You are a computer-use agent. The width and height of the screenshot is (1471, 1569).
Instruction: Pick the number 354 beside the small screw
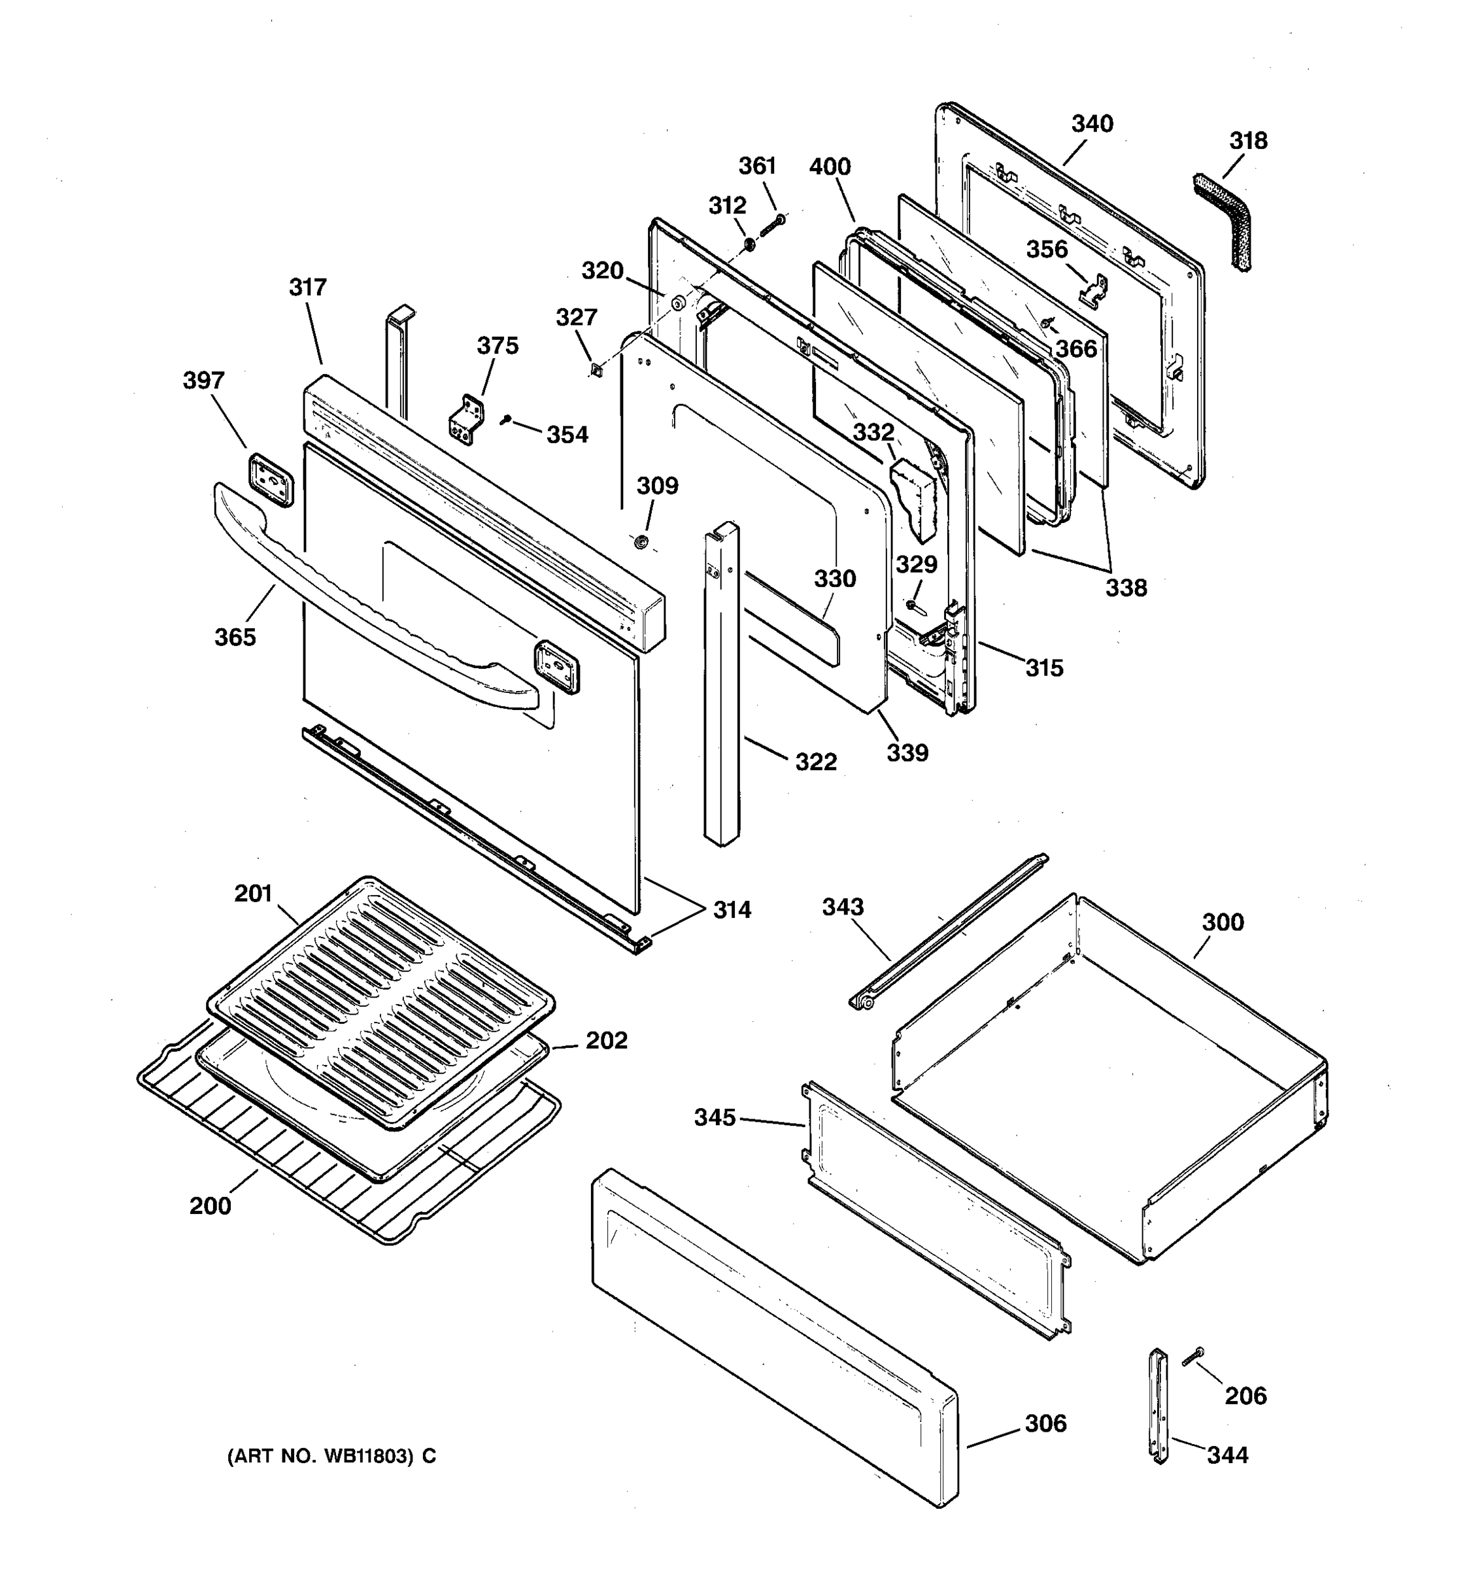[x=567, y=435]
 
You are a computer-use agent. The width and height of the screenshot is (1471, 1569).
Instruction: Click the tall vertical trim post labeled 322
[x=721, y=686]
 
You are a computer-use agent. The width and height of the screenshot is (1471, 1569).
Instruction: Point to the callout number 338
[x=1125, y=587]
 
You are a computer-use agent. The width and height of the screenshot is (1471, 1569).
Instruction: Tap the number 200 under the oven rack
[x=210, y=1206]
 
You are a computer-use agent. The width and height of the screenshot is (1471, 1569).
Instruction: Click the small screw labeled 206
[x=1192, y=1357]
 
